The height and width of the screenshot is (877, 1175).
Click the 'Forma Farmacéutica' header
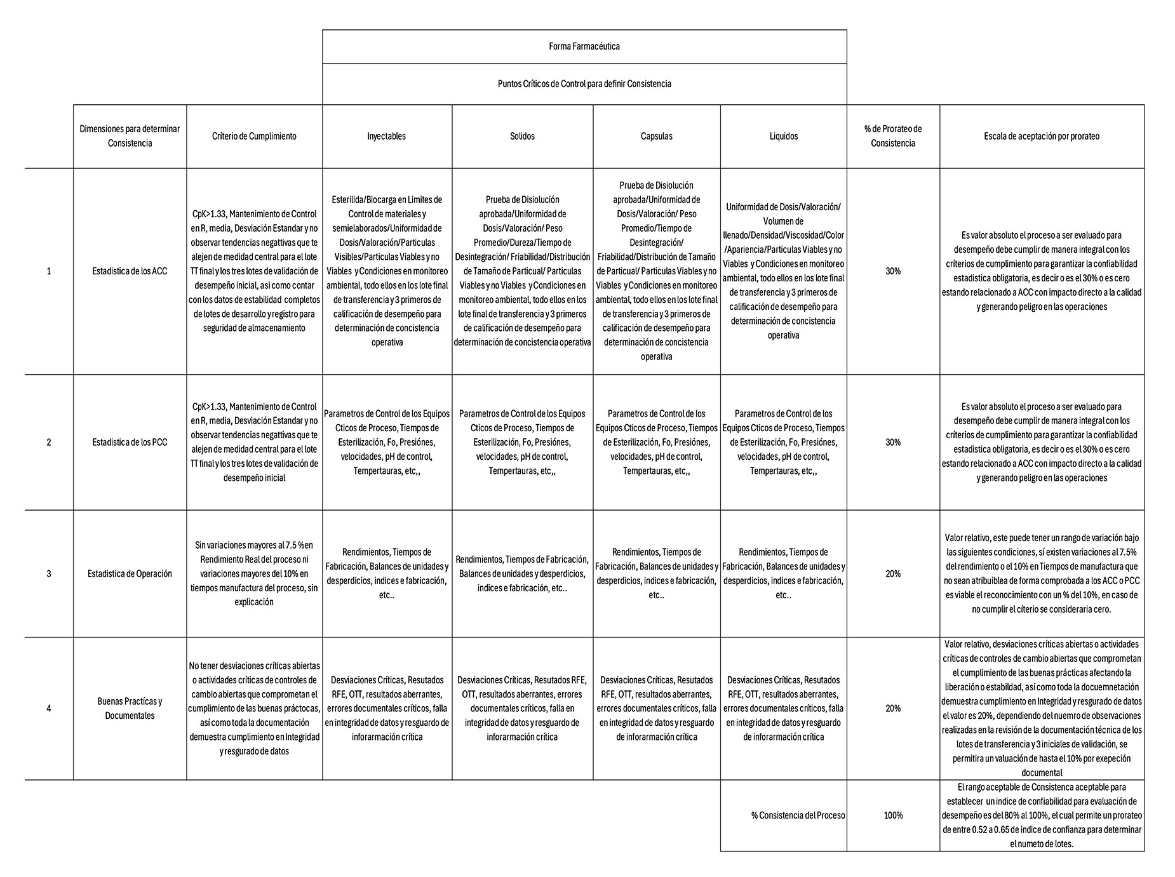584,46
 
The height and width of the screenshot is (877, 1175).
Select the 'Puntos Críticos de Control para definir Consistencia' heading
584,84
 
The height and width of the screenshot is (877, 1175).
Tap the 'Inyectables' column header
386,136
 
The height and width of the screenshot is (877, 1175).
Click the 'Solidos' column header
522,136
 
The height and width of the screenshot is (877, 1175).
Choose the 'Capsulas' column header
656,136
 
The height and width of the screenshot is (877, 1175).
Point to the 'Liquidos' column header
783,136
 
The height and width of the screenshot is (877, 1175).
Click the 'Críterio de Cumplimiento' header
254,136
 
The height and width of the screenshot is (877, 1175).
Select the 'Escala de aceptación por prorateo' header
1042,136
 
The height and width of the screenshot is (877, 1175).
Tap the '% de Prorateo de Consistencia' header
892,136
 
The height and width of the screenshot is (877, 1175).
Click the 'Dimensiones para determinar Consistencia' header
130,136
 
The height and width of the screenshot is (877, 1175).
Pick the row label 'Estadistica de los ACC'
130,271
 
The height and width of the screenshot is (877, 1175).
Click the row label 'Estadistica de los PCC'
130,442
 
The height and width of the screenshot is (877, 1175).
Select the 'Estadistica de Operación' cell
130,573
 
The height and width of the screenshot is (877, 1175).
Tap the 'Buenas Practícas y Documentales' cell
130,708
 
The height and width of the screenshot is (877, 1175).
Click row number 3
49,573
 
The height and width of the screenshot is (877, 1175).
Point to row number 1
49,271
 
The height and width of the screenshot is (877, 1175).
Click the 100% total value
892,815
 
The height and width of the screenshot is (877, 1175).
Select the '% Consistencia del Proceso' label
798,815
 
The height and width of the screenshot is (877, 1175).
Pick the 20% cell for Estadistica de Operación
892,573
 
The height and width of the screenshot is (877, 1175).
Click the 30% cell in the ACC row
892,271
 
